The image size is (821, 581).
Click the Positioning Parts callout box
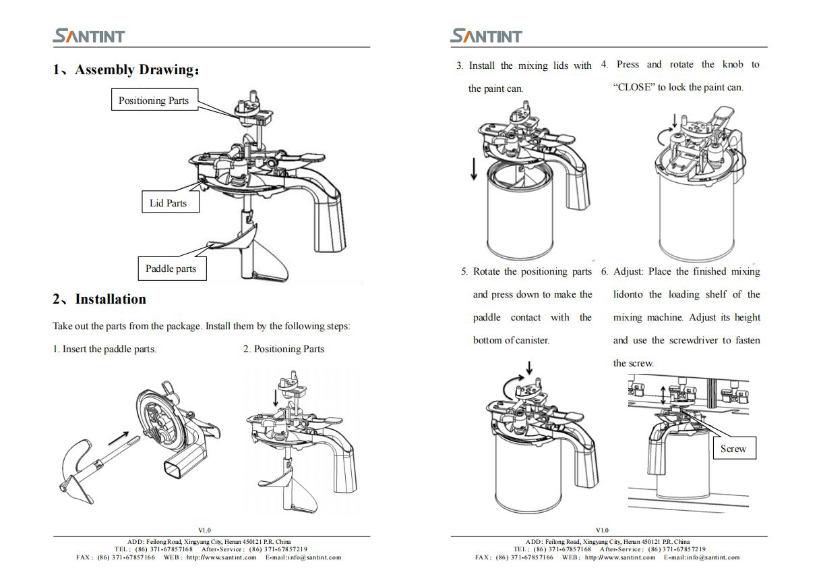(154, 101)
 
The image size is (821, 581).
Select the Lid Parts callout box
(168, 202)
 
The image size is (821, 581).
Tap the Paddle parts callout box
(171, 269)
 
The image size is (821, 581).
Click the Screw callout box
(733, 449)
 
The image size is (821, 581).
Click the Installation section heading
(111, 299)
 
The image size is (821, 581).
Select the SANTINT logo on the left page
(89, 35)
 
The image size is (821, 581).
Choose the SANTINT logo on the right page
(486, 35)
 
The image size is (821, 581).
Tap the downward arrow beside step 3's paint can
(474, 168)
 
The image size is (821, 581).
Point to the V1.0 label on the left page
(204, 530)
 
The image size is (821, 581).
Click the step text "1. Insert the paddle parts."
(104, 349)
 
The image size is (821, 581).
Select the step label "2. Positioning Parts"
(284, 349)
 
